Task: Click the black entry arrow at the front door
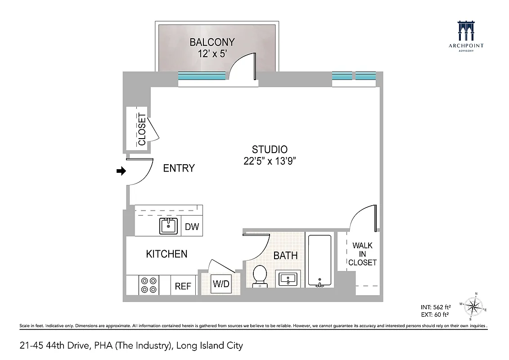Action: (121, 171)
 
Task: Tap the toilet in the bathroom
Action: (260, 276)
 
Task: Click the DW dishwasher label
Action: (192, 227)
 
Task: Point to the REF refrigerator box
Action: (183, 286)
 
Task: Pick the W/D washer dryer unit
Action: (221, 284)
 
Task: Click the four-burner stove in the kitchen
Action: (149, 284)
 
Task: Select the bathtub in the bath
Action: (319, 261)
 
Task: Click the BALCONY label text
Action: (212, 42)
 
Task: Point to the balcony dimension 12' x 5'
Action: (212, 54)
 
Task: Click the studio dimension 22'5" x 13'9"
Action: (270, 162)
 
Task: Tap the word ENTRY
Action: (179, 168)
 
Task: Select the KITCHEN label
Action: (167, 254)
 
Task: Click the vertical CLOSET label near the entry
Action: (142, 129)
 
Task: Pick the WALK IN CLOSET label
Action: (362, 254)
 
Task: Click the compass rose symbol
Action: (473, 307)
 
